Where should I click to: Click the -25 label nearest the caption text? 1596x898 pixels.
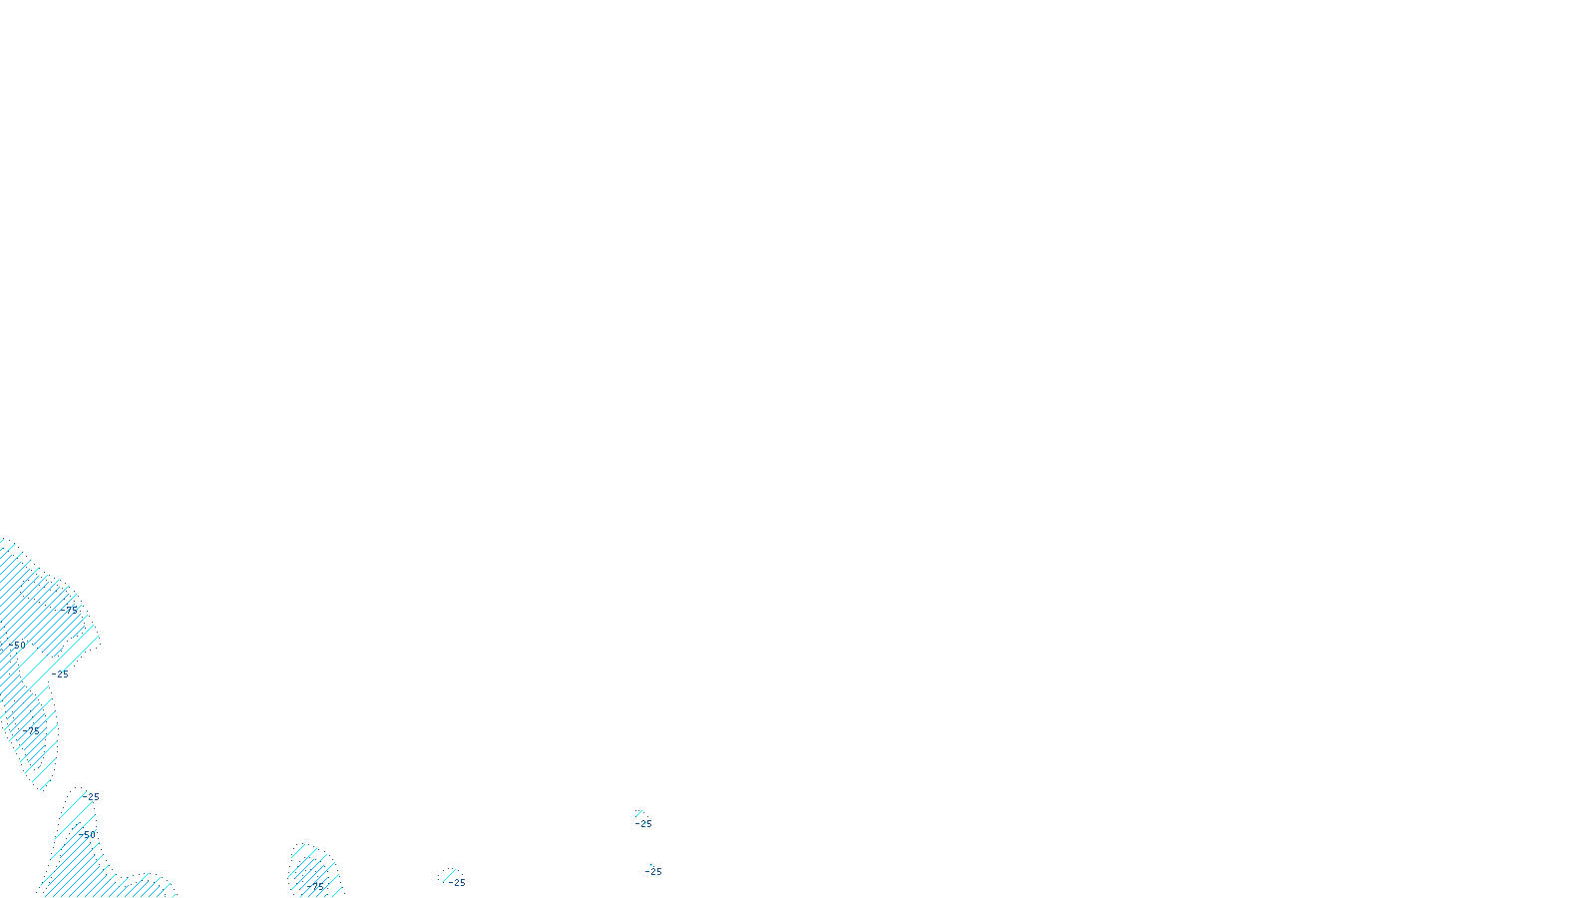click(x=653, y=872)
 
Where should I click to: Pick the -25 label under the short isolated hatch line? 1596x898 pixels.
click(x=644, y=824)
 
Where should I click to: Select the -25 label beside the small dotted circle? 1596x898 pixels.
click(x=457, y=883)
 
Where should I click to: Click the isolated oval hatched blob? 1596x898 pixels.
click(x=313, y=870)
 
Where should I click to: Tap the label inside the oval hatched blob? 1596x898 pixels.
click(x=316, y=885)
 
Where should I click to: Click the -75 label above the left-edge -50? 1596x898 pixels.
click(x=69, y=609)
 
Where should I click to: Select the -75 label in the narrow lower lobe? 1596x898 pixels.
click(x=33, y=730)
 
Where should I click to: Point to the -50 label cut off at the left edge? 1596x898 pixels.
click(x=18, y=646)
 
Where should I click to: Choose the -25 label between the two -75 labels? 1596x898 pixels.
click(x=61, y=674)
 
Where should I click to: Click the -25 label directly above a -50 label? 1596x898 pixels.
click(x=92, y=797)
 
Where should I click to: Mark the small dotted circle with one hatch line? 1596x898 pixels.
click(x=449, y=875)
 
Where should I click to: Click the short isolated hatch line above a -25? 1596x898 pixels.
click(x=639, y=813)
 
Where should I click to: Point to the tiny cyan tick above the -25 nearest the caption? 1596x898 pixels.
click(x=651, y=864)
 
